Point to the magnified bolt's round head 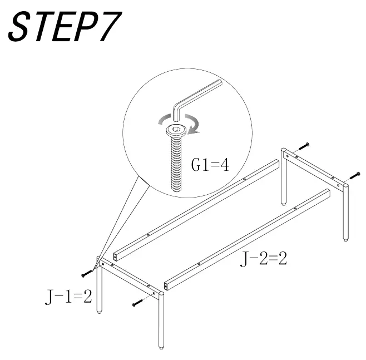(x=175, y=131)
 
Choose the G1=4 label (x=210, y=166)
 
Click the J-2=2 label (x=263, y=258)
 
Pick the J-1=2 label (x=68, y=297)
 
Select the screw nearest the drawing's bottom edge (x=138, y=304)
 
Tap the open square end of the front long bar (x=166, y=287)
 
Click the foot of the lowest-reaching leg (x=161, y=346)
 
